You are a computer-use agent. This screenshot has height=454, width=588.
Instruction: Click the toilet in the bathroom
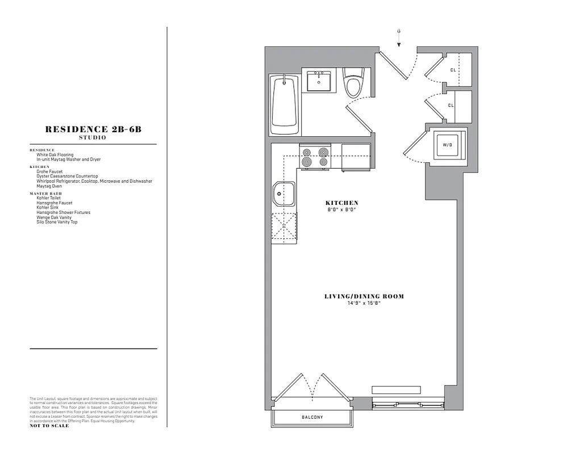pos(353,83)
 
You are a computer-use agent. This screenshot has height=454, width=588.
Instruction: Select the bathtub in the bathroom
pos(284,104)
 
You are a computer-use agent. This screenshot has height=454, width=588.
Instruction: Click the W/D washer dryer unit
pos(447,145)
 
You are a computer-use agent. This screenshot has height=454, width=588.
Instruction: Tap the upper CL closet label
pos(453,70)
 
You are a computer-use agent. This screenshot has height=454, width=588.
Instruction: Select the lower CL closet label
pos(451,106)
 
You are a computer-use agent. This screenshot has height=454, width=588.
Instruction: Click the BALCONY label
pos(312,418)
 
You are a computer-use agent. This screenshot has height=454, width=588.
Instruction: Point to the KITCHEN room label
pos(342,203)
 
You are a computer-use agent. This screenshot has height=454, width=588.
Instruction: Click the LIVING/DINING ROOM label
pos(364,296)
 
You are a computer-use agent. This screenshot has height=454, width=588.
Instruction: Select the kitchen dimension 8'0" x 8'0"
pos(342,209)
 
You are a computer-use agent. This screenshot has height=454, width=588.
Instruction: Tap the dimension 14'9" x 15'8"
pos(364,303)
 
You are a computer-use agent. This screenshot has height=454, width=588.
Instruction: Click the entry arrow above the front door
pos(399,37)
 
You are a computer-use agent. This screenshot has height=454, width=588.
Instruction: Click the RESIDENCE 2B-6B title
pos(93,129)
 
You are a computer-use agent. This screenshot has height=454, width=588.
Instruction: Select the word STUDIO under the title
pos(93,137)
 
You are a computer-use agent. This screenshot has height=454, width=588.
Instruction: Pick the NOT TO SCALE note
pos(49,426)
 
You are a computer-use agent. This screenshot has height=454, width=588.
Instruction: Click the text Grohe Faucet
pos(49,171)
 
